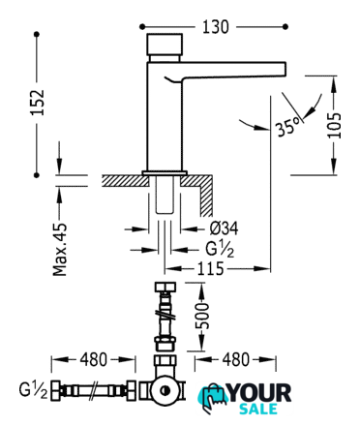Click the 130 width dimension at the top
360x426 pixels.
pyautogui.click(x=216, y=27)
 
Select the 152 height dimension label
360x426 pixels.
pyautogui.click(x=37, y=103)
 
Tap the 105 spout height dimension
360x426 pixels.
pyautogui.click(x=334, y=126)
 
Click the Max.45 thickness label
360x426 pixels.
pyautogui.click(x=60, y=250)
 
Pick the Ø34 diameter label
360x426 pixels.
pyautogui.click(x=224, y=228)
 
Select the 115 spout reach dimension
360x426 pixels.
pyautogui.click(x=210, y=268)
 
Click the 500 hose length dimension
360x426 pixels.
pyautogui.click(x=202, y=316)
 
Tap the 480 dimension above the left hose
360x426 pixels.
pyautogui.click(x=94, y=359)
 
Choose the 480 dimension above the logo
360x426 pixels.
pyautogui.click(x=236, y=359)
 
